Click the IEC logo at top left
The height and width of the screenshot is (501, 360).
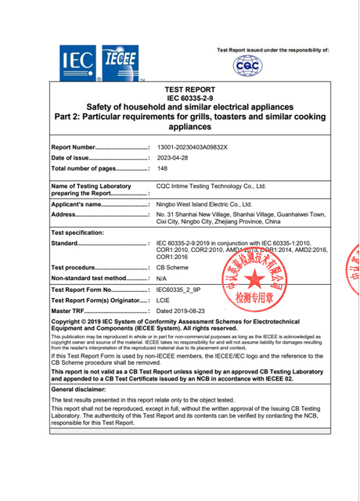pos(77,62)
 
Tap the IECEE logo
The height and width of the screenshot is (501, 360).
pos(121,62)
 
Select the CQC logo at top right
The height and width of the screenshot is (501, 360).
pos(248,67)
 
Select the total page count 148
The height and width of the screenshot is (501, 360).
pos(162,168)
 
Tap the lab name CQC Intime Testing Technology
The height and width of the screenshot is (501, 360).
pos(211,186)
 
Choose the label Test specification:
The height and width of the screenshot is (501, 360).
pos(77,233)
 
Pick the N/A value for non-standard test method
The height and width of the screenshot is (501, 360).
pos(162,278)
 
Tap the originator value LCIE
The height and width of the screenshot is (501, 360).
pos(164,300)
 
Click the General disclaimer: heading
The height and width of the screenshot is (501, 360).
pos(84,388)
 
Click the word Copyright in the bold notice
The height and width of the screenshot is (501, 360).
pos(68,322)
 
